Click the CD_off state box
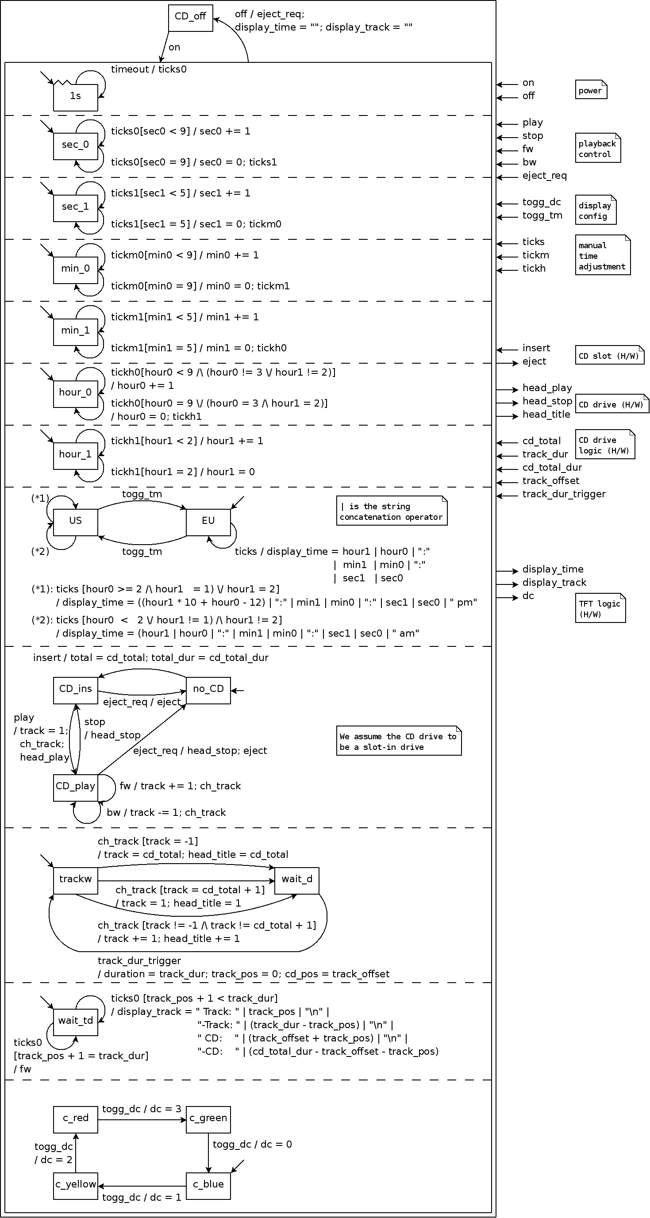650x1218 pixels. (x=191, y=19)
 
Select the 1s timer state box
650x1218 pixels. (x=75, y=97)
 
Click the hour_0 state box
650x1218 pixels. (x=75, y=394)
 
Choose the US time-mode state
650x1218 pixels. (x=75, y=522)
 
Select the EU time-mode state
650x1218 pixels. (x=208, y=522)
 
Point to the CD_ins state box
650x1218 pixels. (x=75, y=690)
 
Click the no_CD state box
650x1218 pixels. (x=208, y=690)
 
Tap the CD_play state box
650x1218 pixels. (x=75, y=788)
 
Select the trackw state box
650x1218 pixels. (x=75, y=880)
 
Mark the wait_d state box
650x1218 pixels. (x=296, y=880)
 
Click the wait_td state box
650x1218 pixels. (x=75, y=1022)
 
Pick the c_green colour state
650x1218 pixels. (x=208, y=1120)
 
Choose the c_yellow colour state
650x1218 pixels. (x=75, y=1186)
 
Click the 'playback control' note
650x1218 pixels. (x=597, y=149)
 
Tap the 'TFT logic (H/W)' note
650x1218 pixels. (x=600, y=608)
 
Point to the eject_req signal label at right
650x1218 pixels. (x=544, y=176)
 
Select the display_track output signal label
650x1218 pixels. (x=554, y=583)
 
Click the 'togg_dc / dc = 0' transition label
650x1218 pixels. (x=252, y=1144)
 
